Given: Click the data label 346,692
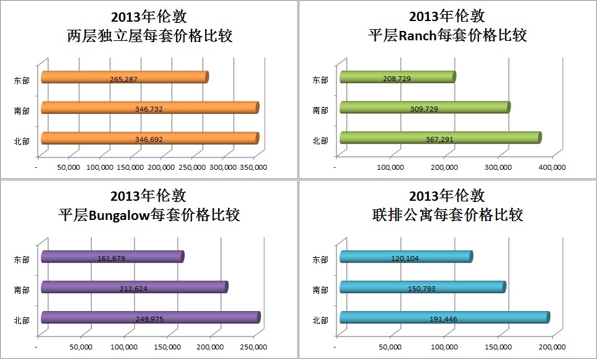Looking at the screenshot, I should [149, 139].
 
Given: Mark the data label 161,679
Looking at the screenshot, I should [112, 258].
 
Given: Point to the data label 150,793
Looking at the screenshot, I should [424, 288].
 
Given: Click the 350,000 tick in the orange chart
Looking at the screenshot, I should [253, 167].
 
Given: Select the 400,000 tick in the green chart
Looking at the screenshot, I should [551, 167].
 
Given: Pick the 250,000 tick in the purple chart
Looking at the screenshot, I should [253, 347].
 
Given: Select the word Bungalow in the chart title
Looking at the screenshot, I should [116, 216].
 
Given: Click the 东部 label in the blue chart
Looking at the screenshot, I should [320, 260].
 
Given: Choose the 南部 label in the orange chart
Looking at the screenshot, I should [22, 110].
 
